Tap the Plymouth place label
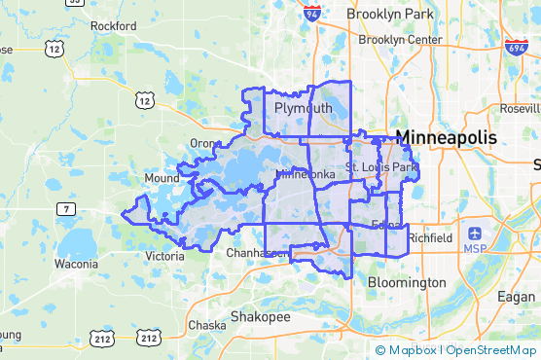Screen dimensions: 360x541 click(303, 107)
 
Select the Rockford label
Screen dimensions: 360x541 click(113, 25)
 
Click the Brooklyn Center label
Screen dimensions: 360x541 click(400, 40)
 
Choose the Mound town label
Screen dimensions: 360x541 click(161, 179)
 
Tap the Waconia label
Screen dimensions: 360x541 click(75, 264)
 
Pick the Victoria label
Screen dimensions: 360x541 click(164, 257)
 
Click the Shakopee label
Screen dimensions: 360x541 click(260, 317)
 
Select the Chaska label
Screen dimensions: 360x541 click(206, 324)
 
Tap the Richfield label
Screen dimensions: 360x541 click(430, 237)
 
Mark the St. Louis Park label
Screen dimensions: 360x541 click(381, 168)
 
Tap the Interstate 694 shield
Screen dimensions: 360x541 click(517, 47)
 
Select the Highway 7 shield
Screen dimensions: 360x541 click(64, 209)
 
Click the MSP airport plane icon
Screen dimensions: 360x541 click(475, 234)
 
